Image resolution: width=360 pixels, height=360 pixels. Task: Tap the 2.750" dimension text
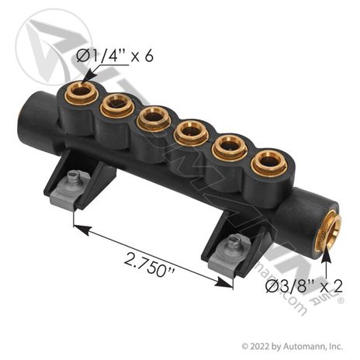[x=150, y=265]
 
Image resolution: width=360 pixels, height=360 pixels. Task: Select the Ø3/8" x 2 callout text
[x=304, y=286]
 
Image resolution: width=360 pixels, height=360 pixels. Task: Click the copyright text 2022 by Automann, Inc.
[x=292, y=346]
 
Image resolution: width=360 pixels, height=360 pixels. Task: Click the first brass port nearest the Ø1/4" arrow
[x=81, y=91]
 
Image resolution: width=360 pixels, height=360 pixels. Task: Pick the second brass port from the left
[x=117, y=106]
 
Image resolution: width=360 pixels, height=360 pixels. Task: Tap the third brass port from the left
[x=154, y=119]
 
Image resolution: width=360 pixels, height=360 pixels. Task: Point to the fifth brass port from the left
[x=230, y=148]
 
